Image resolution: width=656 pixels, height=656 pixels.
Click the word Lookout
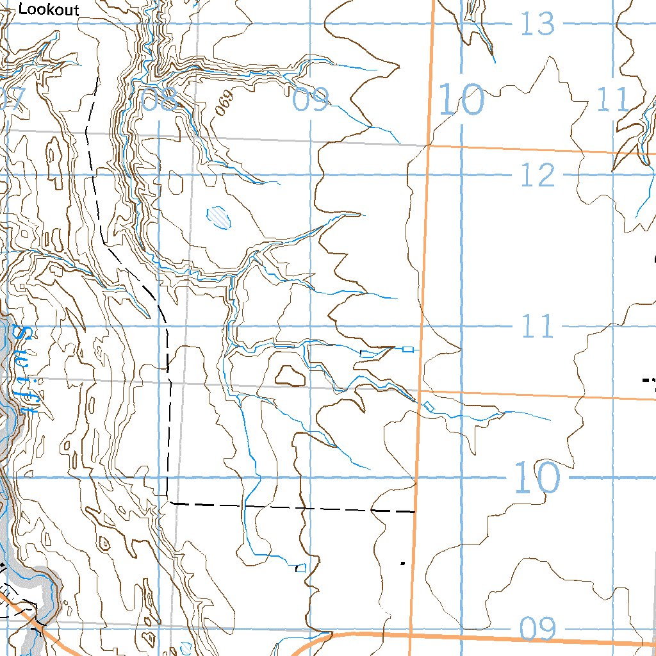pyautogui.click(x=49, y=10)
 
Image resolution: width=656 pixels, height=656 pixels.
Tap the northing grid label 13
pyautogui.click(x=537, y=24)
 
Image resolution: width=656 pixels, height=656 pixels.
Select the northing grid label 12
pyautogui.click(x=537, y=175)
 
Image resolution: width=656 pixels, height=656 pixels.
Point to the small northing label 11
pyautogui.click(x=537, y=327)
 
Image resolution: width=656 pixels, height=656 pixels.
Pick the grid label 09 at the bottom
pyautogui.click(x=537, y=630)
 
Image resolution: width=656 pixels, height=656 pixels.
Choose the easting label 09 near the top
pyautogui.click(x=311, y=99)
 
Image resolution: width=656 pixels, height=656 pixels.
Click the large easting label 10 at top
pyautogui.click(x=461, y=100)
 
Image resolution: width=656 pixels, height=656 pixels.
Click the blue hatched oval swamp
pyautogui.click(x=220, y=217)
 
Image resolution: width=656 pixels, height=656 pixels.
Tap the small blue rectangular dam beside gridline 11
pyautogui.click(x=407, y=349)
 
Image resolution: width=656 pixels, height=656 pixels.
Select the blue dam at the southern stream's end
pyautogui.click(x=300, y=568)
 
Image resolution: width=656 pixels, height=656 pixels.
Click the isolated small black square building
pyautogui.click(x=402, y=563)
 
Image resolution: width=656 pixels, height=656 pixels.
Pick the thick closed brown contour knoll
pyautogui.click(x=290, y=375)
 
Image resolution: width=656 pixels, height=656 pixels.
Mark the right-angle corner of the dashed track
pyautogui.click(x=168, y=500)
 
